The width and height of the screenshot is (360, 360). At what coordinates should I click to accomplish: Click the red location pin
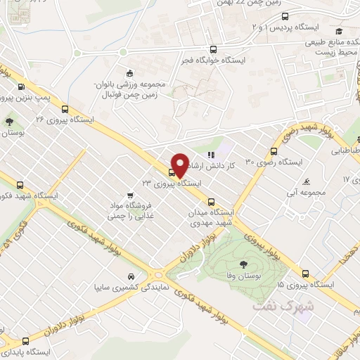[x=179, y=165]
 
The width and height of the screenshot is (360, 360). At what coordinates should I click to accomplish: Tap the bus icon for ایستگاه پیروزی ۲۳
[x=172, y=172]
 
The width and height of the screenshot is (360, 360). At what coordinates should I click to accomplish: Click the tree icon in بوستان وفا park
[x=243, y=265]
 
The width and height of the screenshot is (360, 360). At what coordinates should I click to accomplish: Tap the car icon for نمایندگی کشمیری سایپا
[x=131, y=276]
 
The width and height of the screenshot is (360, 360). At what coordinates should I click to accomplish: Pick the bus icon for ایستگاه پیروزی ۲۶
[x=65, y=109]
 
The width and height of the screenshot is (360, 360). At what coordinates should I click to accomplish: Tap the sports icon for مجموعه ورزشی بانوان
[x=129, y=73]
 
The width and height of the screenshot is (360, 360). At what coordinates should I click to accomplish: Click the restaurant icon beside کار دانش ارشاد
[x=210, y=155]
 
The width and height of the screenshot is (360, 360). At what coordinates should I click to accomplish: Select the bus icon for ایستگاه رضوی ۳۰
[x=274, y=151]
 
